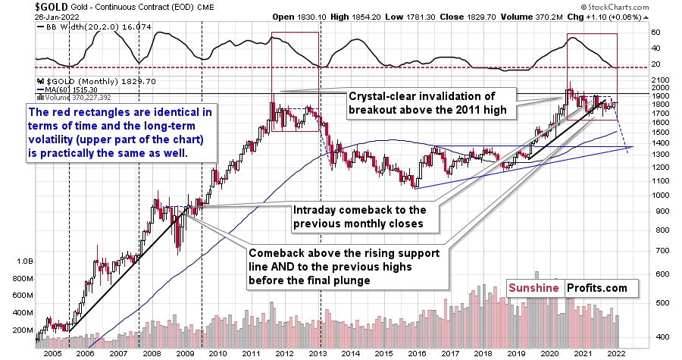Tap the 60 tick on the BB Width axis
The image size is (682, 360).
655,33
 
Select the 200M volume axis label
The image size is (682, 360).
19,331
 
